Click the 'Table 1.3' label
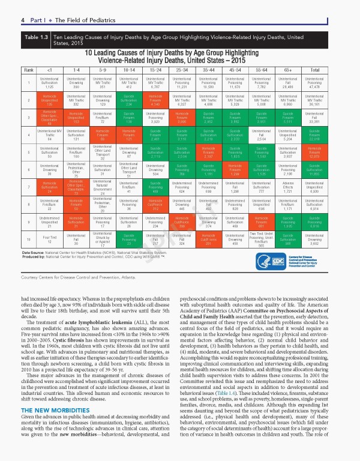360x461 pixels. point(35,37)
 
